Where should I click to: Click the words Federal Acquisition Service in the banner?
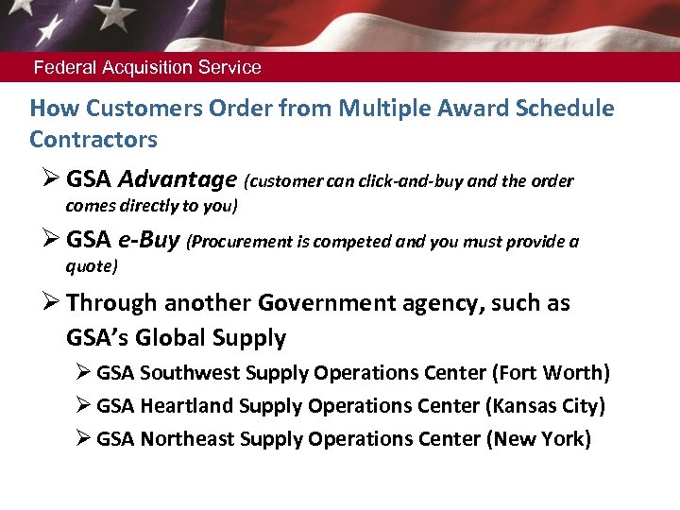[x=147, y=68]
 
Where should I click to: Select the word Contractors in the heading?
[x=93, y=140]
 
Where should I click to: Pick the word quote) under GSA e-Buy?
[x=92, y=266]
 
